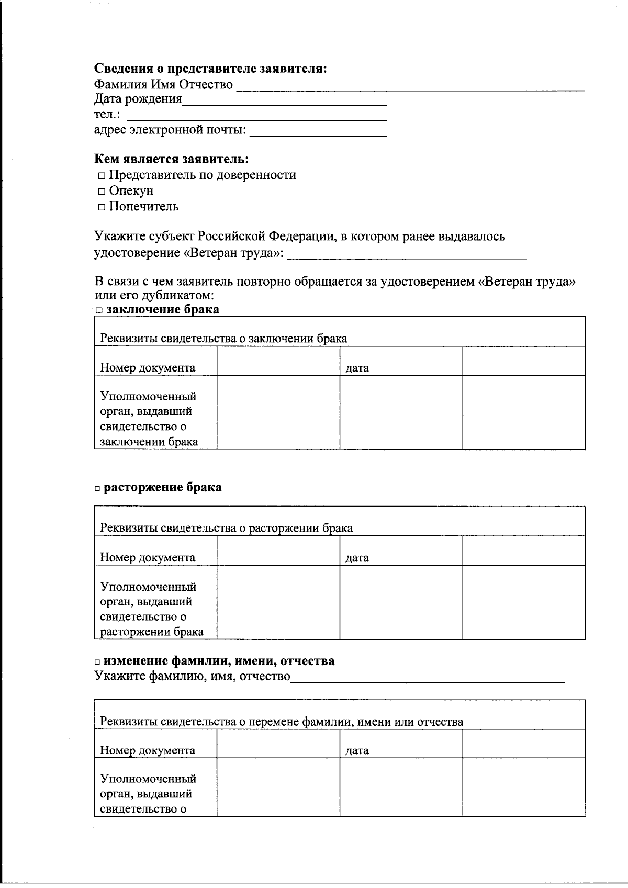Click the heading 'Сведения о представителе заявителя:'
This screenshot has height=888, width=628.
210,69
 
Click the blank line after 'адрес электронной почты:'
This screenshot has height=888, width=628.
318,133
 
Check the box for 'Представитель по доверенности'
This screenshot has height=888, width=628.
102,176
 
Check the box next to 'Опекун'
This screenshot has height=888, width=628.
102,192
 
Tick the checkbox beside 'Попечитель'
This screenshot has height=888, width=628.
102,207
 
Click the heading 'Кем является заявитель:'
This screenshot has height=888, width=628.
171,159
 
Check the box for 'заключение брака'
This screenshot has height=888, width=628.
99,310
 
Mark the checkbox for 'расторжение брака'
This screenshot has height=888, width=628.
98,488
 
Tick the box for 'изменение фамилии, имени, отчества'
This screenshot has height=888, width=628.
98,662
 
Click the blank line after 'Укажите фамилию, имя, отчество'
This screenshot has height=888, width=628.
428,680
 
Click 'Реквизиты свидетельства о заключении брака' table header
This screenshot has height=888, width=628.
223,339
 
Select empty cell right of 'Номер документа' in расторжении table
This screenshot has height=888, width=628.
278,552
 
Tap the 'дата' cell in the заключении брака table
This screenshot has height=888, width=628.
357,368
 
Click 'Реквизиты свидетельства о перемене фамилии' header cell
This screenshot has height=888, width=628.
282,722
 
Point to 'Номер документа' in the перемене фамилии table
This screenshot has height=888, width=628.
148,750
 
